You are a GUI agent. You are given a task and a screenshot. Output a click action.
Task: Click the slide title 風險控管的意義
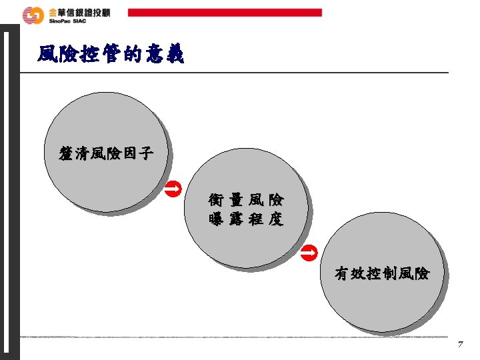pyautogui.click(x=111, y=55)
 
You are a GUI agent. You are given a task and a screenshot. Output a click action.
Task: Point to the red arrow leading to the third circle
pyautogui.click(x=307, y=252)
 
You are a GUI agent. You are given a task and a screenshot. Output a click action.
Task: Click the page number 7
pyautogui.click(x=460, y=345)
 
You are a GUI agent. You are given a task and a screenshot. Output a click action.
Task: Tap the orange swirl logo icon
pyautogui.click(x=31, y=15)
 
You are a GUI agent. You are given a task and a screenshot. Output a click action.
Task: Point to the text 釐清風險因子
pyautogui.click(x=106, y=155)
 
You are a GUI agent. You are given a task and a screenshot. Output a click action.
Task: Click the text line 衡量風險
pyautogui.click(x=246, y=199)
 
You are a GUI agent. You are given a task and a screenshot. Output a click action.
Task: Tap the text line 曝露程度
pyautogui.click(x=246, y=219)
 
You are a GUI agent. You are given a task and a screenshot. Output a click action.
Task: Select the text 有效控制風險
pyautogui.click(x=382, y=273)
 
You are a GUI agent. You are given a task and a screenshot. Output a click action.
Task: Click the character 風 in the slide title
pyautogui.click(x=47, y=55)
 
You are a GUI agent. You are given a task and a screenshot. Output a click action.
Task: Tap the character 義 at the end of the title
pyautogui.click(x=174, y=55)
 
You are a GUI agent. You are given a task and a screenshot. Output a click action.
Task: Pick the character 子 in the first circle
pyautogui.click(x=146, y=155)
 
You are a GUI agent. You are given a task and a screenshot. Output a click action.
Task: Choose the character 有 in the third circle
pyautogui.click(x=342, y=273)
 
